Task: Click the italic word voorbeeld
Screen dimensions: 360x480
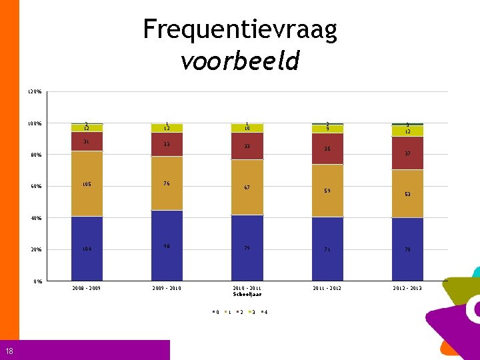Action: click(240, 61)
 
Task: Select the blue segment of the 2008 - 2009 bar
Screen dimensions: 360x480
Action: click(87, 248)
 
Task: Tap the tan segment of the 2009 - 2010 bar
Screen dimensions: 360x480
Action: click(167, 183)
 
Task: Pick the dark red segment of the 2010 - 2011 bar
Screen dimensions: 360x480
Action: click(247, 146)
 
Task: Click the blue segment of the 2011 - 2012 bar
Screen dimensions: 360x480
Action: click(327, 249)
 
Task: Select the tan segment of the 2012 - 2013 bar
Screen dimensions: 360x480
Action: click(407, 193)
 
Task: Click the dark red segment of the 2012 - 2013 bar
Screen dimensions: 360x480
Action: click(407, 153)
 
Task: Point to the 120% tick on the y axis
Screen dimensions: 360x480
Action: click(35, 91)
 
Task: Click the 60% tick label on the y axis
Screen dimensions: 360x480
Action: click(36, 187)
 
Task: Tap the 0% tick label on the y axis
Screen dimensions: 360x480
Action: click(38, 281)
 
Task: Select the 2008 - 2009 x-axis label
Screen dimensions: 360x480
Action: click(87, 288)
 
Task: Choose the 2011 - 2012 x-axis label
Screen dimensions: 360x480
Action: click(327, 288)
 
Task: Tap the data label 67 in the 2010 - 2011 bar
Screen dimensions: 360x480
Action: click(247, 188)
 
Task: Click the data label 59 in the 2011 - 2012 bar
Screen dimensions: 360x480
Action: click(327, 191)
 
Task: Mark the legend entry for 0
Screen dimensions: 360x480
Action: click(215, 312)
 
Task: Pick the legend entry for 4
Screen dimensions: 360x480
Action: click(265, 312)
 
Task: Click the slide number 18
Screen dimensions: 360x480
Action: click(7, 351)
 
